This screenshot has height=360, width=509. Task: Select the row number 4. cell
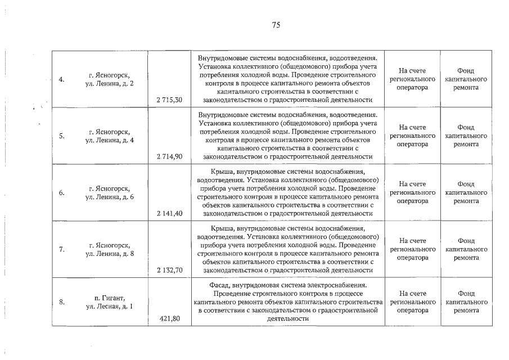coord(62,79)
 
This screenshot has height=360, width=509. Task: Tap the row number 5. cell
coord(62,136)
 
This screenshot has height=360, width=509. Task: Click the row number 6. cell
coord(62,192)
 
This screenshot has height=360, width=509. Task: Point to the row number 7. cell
coord(62,249)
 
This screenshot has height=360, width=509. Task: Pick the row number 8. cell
coord(62,302)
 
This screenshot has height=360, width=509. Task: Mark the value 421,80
coord(169,318)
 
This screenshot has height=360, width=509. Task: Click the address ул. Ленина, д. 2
coord(109,84)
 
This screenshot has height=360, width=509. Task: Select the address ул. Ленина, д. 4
coord(109,141)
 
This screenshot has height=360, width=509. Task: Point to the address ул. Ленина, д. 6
coord(109,197)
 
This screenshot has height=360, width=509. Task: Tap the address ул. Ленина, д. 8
coord(109,254)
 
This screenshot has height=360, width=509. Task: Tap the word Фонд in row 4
coord(466,71)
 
